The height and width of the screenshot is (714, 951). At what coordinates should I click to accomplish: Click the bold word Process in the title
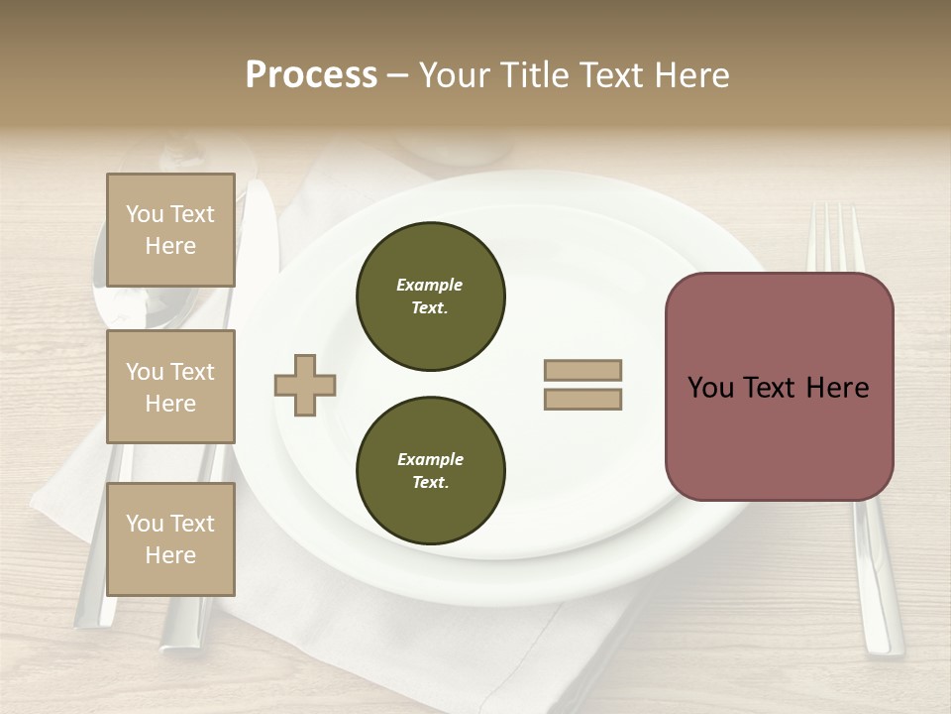(311, 75)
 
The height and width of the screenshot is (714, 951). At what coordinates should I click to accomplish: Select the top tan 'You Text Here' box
(170, 230)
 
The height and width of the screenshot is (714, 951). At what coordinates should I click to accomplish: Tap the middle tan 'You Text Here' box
(170, 387)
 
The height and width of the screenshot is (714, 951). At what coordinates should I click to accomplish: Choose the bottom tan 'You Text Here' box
(170, 539)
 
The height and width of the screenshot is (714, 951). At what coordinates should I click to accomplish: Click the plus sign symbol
(305, 386)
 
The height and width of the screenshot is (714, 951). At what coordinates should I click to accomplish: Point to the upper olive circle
(430, 297)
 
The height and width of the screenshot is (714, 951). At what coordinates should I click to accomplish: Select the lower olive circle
(430, 471)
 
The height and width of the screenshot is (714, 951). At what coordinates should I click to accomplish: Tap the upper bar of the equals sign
(582, 370)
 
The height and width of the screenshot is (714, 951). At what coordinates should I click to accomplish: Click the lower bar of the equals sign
(582, 400)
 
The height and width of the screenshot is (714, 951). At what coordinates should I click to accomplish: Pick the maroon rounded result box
(779, 387)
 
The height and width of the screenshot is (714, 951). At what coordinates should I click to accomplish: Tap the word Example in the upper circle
(430, 285)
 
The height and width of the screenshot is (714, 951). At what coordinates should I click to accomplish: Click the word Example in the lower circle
(430, 459)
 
